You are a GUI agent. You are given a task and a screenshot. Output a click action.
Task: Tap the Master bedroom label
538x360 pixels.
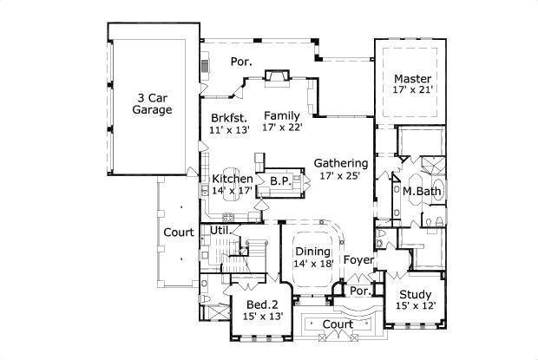click(x=413, y=78)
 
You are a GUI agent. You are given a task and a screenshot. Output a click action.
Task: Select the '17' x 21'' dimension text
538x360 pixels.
click(x=413, y=89)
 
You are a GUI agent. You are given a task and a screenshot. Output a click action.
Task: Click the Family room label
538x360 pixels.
click(x=282, y=115)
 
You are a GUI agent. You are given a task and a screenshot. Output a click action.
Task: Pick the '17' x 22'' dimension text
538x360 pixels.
click(x=282, y=128)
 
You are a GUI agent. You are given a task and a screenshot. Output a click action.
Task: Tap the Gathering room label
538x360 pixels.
click(x=341, y=162)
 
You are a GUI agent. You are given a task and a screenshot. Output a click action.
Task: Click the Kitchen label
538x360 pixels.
click(x=233, y=179)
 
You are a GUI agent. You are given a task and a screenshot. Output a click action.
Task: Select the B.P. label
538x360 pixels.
click(x=279, y=180)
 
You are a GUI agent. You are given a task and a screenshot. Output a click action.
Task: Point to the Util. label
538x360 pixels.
click(x=219, y=230)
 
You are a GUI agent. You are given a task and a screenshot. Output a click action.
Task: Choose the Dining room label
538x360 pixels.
click(x=312, y=252)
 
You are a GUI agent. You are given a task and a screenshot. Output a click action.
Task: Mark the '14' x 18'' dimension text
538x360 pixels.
click(x=312, y=264)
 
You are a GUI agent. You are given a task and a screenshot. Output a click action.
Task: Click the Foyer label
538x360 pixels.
click(x=358, y=259)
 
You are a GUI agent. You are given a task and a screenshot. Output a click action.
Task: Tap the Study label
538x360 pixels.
click(x=414, y=293)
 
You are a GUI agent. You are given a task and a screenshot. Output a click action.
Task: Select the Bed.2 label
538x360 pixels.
click(x=261, y=304)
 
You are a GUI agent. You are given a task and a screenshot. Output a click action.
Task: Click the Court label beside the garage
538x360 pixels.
click(x=179, y=232)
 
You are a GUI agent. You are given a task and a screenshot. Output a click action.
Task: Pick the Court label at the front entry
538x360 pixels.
click(x=338, y=324)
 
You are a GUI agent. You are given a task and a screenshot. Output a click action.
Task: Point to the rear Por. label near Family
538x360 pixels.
click(x=241, y=62)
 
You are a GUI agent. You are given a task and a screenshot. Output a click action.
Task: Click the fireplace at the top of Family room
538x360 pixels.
click(x=277, y=75)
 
